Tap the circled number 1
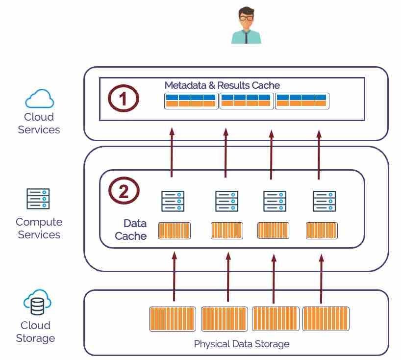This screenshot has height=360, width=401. coord(124,99)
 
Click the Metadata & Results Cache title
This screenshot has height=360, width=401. coord(222,85)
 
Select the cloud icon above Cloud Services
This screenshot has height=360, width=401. coord(39,99)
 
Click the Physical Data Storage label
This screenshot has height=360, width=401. coord(242,344)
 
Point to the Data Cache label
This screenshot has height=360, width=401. coord(131,230)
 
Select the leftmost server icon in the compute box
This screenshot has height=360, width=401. coord(173,201)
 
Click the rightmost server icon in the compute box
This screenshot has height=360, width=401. coord(324,201)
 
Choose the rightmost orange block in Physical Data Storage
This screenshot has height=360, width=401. coord(326,319)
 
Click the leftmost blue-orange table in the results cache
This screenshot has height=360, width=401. coord(190,101)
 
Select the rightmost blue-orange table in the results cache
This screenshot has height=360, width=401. coord(301,101)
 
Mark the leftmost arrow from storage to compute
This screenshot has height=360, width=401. coord(174,277)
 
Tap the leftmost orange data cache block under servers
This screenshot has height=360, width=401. coord(174,231)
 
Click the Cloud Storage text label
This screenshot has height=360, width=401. coord(35,332)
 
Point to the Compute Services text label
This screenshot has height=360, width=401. coord(39,228)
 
